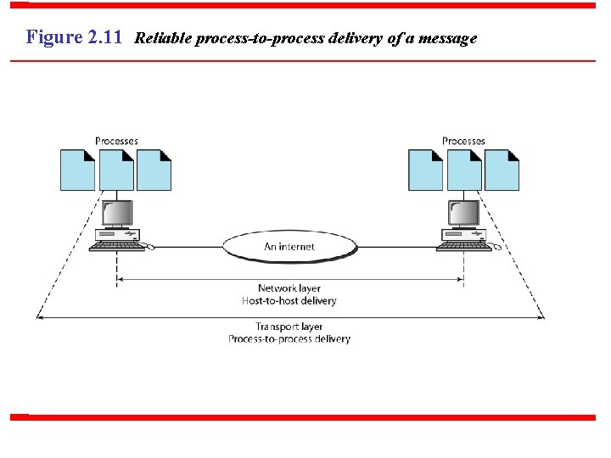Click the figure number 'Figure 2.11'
pos(75,37)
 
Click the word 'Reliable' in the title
pos(163,38)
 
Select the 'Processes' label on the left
pos(116,141)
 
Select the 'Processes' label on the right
pos(463,141)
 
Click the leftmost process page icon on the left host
pos(77,170)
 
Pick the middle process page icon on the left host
pos(116,170)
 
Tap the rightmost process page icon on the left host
pos(154,170)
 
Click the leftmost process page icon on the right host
pos(425,170)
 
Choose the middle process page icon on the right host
pos(464,170)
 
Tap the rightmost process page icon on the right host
pos(502,170)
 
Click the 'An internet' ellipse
pos(289,247)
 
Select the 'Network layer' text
pos(289,288)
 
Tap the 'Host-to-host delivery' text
pos(289,301)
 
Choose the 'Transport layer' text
pos(289,327)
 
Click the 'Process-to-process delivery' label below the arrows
pos(289,339)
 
